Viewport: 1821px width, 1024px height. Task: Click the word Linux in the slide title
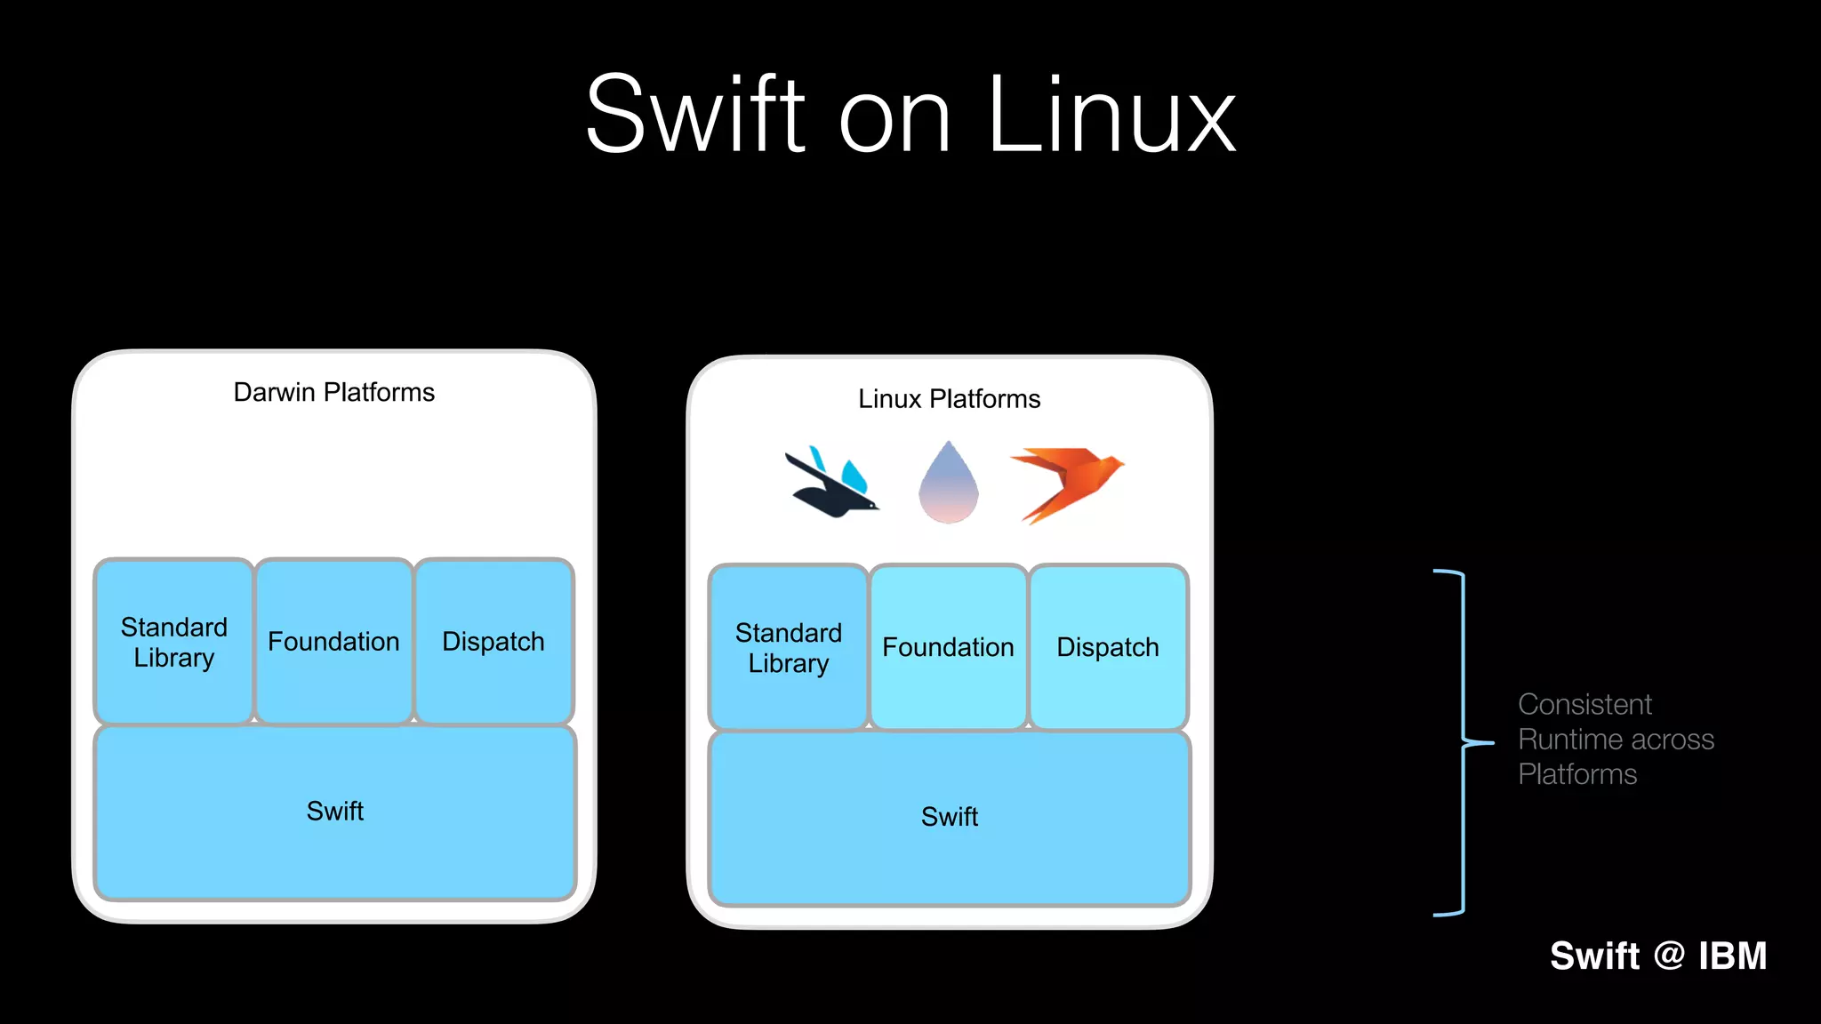point(1111,116)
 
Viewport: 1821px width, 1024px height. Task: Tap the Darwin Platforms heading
point(333,392)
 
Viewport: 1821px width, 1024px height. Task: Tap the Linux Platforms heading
point(949,398)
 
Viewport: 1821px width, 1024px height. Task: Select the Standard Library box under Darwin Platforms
point(174,642)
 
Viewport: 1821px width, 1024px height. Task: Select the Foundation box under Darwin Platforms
point(333,642)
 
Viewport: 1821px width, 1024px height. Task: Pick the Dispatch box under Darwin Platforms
point(493,642)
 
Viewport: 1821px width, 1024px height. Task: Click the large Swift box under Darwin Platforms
point(335,812)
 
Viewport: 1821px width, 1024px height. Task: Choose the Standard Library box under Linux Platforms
point(789,647)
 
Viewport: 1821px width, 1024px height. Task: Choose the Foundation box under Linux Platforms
point(948,647)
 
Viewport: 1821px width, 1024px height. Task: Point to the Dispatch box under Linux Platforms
point(1108,647)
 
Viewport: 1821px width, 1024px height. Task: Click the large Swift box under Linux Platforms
point(950,817)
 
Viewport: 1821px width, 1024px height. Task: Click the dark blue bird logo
point(831,484)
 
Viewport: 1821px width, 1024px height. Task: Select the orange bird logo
point(1067,480)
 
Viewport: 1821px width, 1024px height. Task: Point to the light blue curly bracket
point(1463,742)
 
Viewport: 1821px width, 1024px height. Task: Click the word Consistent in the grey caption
point(1584,704)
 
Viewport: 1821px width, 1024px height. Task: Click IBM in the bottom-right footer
point(1732,956)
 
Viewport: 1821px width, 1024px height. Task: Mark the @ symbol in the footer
point(1669,956)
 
